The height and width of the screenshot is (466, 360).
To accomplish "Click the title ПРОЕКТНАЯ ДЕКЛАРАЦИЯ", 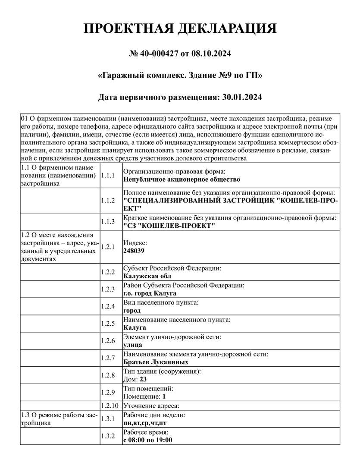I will [x=179, y=29].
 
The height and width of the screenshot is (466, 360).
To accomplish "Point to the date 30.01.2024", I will [x=242, y=97].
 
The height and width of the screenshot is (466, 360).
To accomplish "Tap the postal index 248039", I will [x=134, y=250].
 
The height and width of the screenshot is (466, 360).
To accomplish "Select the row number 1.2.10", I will [x=109, y=406].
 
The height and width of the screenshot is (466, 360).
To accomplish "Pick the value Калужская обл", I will [x=147, y=276].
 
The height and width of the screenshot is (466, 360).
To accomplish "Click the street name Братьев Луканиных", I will [x=156, y=362].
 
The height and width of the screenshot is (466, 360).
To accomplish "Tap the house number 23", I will [x=143, y=379].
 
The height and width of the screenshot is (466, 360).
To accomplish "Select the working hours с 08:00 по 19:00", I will [x=148, y=440].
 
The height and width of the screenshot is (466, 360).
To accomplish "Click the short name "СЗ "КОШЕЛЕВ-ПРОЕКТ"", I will [x=169, y=226].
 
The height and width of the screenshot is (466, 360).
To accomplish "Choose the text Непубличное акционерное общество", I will [x=182, y=179].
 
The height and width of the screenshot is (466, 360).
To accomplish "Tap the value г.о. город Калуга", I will [x=150, y=293].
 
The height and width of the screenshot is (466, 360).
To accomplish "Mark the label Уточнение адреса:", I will [x=151, y=406].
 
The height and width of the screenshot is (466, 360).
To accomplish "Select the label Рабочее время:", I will [x=146, y=432].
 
